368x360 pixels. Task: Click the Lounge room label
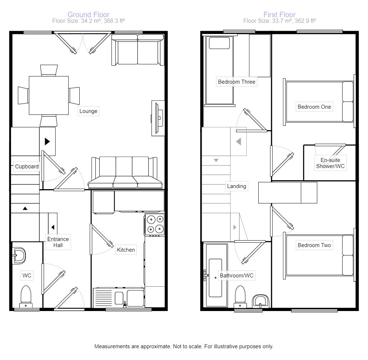88,111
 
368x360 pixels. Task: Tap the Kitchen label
126,250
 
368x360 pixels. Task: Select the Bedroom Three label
237,82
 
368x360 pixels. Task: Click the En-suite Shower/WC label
330,163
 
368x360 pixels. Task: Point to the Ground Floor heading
88,15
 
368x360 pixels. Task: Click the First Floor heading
279,15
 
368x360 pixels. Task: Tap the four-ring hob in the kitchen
155,224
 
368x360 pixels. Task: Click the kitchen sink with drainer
119,298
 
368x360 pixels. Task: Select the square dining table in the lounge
49,95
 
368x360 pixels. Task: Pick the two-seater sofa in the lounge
138,50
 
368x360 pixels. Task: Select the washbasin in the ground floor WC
19,255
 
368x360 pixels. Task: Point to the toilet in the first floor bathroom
240,296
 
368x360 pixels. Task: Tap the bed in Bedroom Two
319,255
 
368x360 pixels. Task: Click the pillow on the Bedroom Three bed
219,43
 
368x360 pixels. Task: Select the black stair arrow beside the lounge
47,142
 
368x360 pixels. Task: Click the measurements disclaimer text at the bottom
184,346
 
